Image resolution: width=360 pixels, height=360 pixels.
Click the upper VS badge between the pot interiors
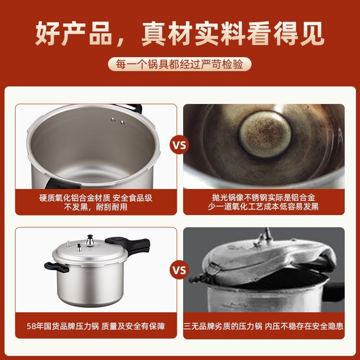point(179,145)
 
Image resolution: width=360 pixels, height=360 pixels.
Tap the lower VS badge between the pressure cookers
point(179,270)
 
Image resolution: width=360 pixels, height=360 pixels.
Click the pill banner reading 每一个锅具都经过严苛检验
point(180,64)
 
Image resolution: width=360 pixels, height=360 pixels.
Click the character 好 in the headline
point(48,33)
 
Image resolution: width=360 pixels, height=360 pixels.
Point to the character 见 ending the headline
point(312,33)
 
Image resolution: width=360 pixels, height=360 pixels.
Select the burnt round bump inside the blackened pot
point(265,135)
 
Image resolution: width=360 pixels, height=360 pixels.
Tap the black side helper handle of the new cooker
point(56,267)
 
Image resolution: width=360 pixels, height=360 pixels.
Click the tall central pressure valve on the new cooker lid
point(90,241)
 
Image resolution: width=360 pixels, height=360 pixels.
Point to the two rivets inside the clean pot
point(118,121)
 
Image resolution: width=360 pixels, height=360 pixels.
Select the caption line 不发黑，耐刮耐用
point(96,207)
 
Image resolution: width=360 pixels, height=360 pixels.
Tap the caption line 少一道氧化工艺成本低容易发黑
point(263,207)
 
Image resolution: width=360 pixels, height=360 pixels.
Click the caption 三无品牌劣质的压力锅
point(223,326)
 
